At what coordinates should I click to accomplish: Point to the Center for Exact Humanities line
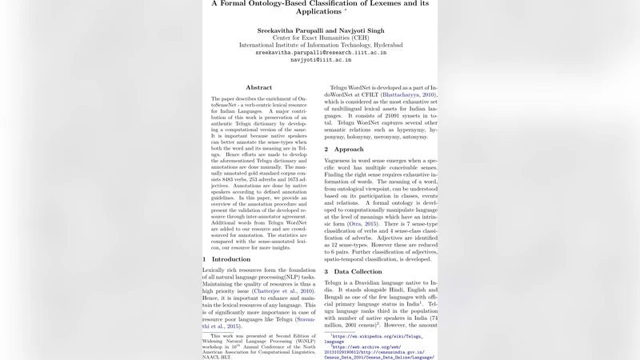click(x=320, y=37)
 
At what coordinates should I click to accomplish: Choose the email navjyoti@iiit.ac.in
click(x=320, y=60)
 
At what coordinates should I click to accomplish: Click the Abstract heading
click(x=258, y=87)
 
